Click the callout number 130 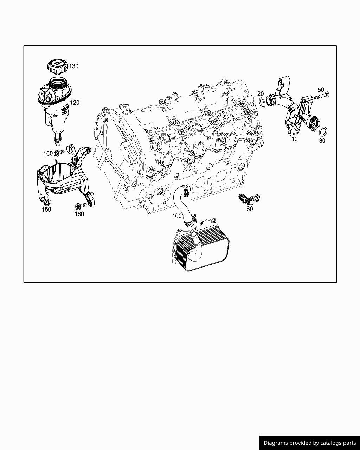coord(73,66)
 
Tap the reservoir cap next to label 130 coord(57,66)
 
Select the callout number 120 coord(75,103)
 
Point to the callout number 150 coord(46,210)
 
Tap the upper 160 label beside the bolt coord(48,154)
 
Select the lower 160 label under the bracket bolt coord(79,214)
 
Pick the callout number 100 coord(177,216)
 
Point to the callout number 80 coord(250,209)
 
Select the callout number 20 coord(261,94)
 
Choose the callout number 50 coord(321,90)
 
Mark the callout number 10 coord(295,139)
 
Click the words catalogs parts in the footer coord(338,443)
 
